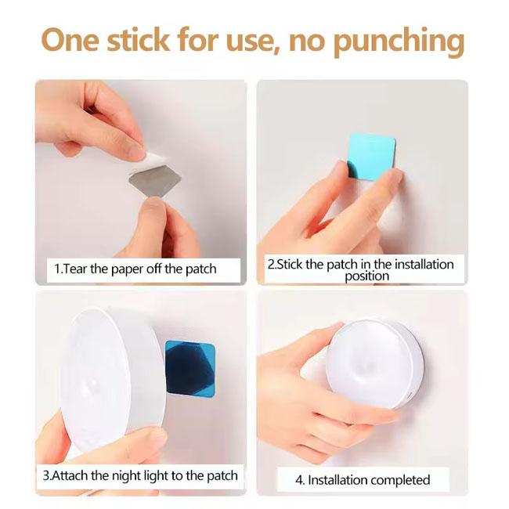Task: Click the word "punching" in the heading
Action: pos(399,42)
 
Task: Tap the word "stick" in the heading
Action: pos(138,39)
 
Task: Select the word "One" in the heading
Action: pos(70,40)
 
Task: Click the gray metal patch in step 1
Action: pos(155,180)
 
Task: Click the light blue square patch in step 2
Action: pos(372,157)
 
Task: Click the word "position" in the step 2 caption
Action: pos(366,276)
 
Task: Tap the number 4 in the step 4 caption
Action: pos(298,480)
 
